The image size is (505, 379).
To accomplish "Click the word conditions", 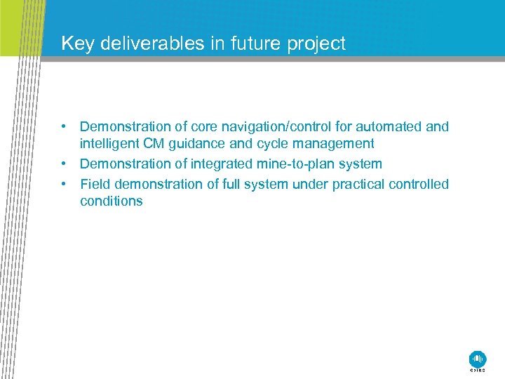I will [x=111, y=201].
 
